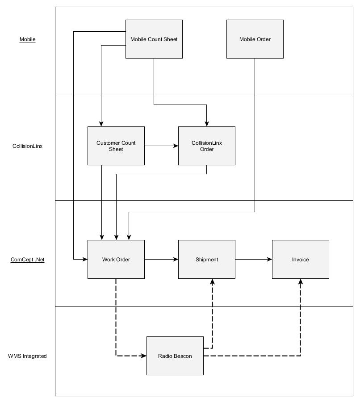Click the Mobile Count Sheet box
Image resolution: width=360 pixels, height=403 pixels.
[x=154, y=39]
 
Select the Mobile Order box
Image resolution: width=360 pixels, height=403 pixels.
[x=255, y=39]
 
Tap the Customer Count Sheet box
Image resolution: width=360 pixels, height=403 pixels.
[x=116, y=146]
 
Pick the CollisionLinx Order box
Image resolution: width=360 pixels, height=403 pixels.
[x=206, y=146]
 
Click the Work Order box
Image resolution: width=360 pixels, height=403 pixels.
[x=116, y=259]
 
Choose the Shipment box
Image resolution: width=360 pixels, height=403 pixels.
[x=206, y=259]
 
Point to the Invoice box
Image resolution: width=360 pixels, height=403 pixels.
[x=300, y=259]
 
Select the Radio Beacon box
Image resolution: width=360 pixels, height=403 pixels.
[x=175, y=356]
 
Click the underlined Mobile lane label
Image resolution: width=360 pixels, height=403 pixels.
[x=27, y=39]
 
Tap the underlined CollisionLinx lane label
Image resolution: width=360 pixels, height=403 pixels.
[x=27, y=146]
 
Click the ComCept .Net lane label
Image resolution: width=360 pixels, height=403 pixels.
[x=27, y=260]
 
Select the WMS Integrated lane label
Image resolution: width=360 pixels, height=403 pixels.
[x=27, y=356]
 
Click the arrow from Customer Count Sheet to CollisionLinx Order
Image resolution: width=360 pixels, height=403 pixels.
[x=161, y=146]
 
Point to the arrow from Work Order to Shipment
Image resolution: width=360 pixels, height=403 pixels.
[x=161, y=259]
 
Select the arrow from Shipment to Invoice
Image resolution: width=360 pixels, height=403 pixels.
[x=254, y=259]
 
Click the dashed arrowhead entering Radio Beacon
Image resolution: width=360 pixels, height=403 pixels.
[x=144, y=356]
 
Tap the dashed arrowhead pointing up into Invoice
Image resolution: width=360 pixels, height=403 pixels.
[x=300, y=282]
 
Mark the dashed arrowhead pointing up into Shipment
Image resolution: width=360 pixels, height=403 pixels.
[x=212, y=282]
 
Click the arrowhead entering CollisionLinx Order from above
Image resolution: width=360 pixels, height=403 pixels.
[x=206, y=123]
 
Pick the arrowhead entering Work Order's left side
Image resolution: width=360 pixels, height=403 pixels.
[x=84, y=259]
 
